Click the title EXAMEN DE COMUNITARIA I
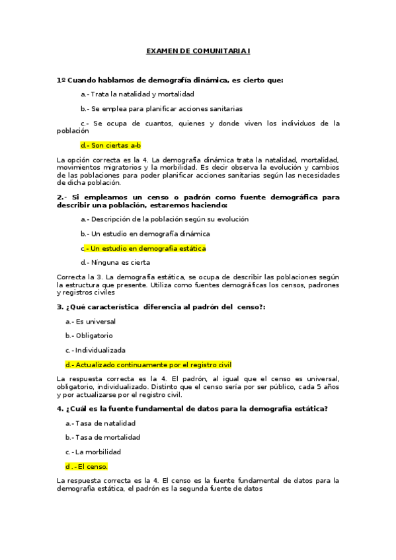pos(198,51)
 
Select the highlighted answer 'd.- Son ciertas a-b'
pos(110,145)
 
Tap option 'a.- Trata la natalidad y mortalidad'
pos(128,94)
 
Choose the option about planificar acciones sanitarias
pos(161,108)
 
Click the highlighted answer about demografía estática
pos(143,248)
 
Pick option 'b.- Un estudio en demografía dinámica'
pos(145,234)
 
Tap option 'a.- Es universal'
pos(90,321)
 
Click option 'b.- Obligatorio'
pos(89,335)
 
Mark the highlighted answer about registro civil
pos(148,365)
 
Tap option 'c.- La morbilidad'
pos(93,452)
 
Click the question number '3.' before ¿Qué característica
pos(60,306)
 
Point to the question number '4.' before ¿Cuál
pos(60,408)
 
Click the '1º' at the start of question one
pos(61,80)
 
